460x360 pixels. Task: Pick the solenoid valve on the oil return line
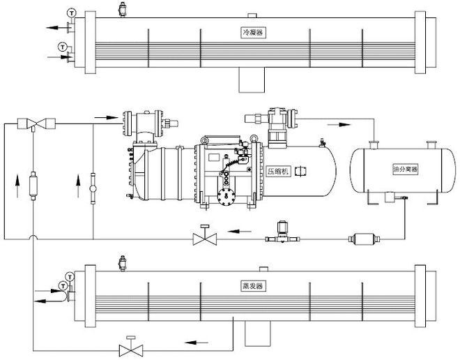coord(282,234)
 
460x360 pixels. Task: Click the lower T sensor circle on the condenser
coord(63,46)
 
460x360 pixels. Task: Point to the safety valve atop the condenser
coord(123,9)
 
